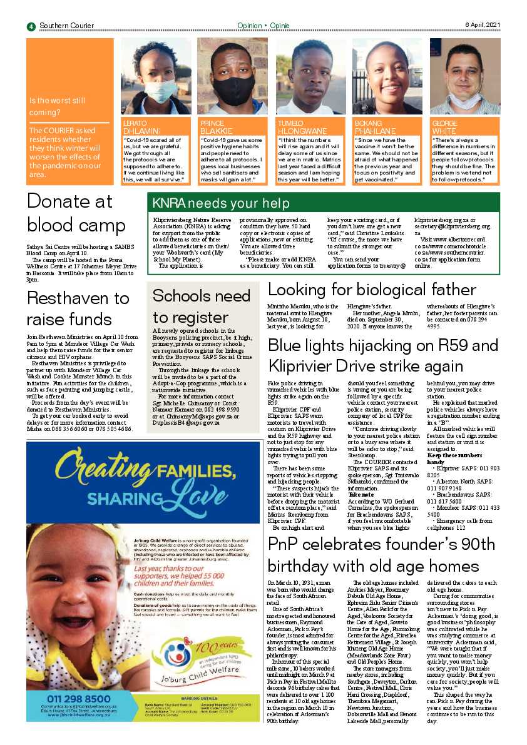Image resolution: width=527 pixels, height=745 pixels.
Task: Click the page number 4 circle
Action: pyautogui.click(x=31, y=26)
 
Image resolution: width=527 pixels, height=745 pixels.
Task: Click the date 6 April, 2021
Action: pyautogui.click(x=483, y=25)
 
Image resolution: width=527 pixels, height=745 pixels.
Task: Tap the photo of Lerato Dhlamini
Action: pyautogui.click(x=155, y=76)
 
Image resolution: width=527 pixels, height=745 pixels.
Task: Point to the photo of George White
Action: pyautogui.click(x=464, y=76)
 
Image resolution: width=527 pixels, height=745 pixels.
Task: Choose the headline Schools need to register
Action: pyautogui.click(x=201, y=306)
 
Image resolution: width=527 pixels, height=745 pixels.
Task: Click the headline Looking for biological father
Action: pyautogui.click(x=372, y=290)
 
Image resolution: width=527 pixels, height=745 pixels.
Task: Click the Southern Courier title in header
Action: pyautogui.click(x=66, y=26)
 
